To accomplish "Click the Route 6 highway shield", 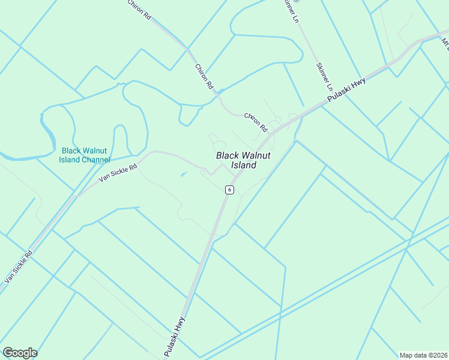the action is point(229,190).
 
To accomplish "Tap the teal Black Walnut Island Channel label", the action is point(85,155).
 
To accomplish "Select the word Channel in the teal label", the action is point(96,160).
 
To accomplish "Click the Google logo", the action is point(20,353).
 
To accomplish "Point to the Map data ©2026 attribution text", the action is point(423,355).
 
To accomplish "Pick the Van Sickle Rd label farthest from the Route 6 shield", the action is point(19,266).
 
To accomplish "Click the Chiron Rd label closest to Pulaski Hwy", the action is point(256,122).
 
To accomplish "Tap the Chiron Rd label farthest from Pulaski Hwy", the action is point(139,10).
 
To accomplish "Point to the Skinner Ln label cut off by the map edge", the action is point(291,11).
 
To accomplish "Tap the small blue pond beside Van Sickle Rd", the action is point(184,174).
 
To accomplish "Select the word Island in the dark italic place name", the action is point(244,165).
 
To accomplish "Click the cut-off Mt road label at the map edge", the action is point(445,43).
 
